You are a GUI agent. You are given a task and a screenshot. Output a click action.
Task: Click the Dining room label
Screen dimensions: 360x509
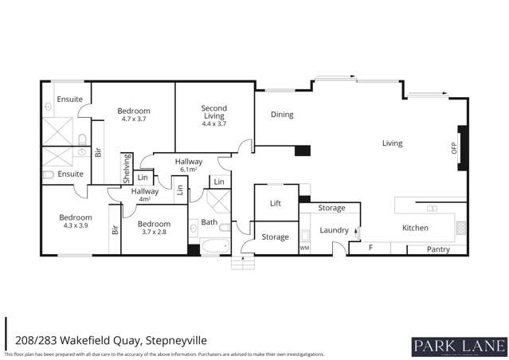click(282, 115)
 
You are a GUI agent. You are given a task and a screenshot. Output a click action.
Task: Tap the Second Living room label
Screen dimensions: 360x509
click(213, 108)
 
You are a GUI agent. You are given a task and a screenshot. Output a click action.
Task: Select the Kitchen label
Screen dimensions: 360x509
click(415, 228)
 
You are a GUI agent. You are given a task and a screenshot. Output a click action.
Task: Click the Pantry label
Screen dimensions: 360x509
click(438, 249)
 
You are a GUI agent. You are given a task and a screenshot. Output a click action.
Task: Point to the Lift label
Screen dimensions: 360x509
click(276, 203)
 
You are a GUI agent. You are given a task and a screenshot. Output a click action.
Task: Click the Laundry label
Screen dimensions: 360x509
click(335, 230)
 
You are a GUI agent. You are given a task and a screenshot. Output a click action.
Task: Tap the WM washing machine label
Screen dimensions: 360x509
click(303, 248)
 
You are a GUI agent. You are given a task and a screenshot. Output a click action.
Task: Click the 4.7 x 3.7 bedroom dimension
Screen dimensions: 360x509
click(134, 119)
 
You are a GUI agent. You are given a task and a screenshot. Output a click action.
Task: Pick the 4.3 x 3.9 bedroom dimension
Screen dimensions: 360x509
click(76, 225)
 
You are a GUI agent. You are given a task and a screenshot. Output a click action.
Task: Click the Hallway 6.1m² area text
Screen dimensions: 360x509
click(189, 170)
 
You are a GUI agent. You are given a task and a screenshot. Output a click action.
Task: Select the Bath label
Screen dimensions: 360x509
click(209, 222)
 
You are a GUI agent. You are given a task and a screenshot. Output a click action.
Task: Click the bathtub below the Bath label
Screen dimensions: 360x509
click(213, 246)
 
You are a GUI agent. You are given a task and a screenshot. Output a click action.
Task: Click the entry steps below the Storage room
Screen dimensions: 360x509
click(242, 261)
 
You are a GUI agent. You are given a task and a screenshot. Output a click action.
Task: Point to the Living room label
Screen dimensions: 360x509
click(392, 143)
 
